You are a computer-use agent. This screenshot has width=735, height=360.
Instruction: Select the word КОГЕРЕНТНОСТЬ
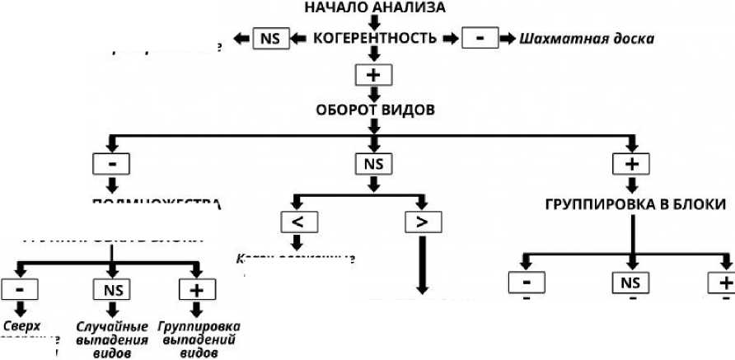[x=375, y=39]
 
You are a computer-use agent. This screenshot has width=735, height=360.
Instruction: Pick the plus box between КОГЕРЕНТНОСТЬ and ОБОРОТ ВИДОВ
[x=374, y=75]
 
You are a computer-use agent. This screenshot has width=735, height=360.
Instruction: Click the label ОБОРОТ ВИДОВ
[x=375, y=110]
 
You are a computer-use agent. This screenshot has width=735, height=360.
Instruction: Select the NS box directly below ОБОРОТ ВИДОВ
[x=374, y=163]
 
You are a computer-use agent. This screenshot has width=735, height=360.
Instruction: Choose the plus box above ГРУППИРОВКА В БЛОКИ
[x=632, y=163]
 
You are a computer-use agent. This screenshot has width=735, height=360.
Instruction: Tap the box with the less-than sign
[x=298, y=222]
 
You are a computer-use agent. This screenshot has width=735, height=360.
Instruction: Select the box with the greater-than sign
[x=423, y=222]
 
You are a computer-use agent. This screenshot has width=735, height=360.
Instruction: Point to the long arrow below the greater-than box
[x=423, y=264]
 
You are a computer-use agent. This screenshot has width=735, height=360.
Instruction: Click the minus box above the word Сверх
[x=20, y=289]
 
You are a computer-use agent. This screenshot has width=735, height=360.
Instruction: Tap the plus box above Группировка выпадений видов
[x=196, y=289]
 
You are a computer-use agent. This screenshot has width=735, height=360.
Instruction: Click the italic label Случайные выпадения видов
[x=111, y=338]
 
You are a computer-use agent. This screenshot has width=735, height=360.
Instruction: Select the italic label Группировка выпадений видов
[x=198, y=338]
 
